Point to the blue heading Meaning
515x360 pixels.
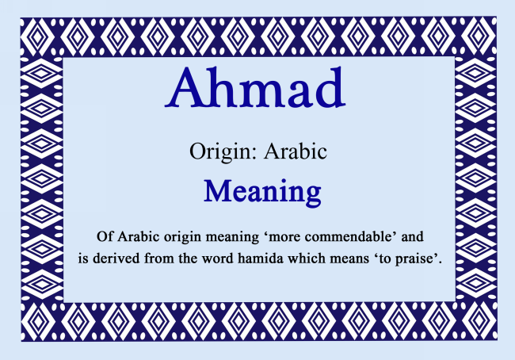(261, 192)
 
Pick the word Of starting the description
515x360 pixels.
(104, 237)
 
